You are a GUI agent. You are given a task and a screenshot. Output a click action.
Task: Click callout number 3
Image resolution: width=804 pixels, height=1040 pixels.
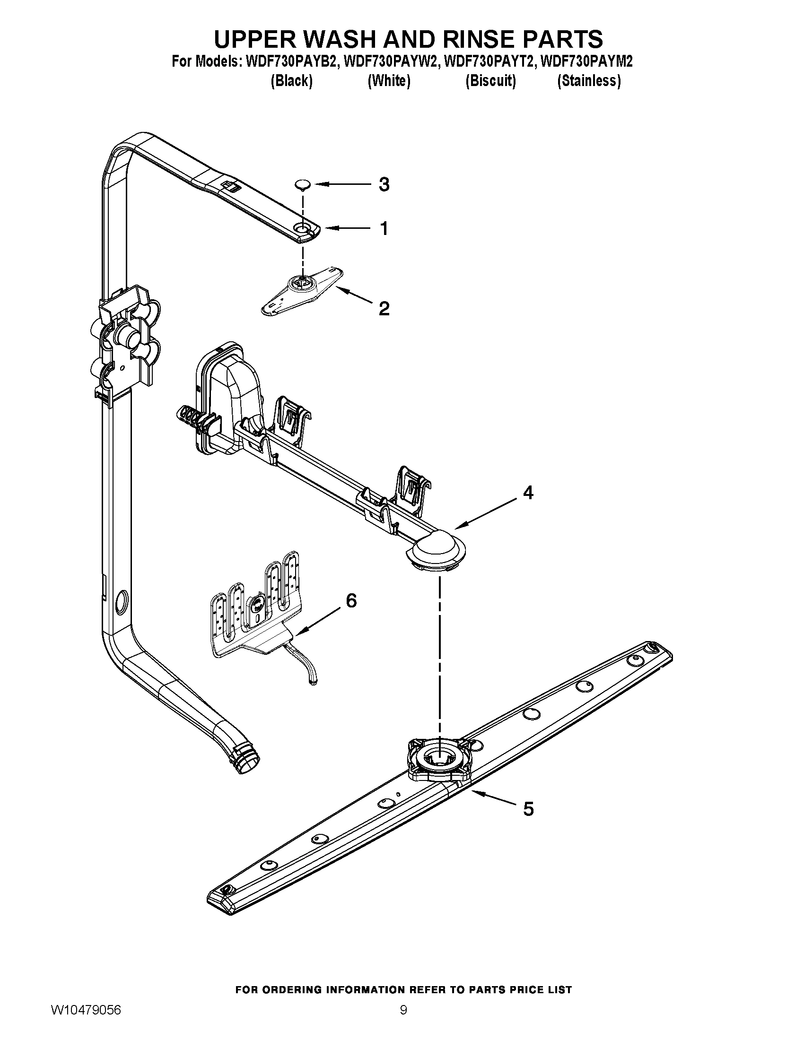[384, 184]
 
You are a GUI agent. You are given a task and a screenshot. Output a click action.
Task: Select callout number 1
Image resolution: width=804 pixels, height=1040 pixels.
[384, 229]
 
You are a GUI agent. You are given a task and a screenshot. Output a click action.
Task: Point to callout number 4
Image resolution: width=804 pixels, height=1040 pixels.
[528, 493]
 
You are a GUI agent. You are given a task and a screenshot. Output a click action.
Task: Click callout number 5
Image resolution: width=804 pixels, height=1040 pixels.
[528, 808]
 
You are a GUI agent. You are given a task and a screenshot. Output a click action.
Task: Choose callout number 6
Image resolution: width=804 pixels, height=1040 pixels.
[351, 601]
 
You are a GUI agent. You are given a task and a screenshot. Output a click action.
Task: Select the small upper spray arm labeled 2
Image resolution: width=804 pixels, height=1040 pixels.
[302, 290]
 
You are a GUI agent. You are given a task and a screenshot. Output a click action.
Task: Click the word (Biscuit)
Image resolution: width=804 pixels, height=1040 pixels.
[490, 81]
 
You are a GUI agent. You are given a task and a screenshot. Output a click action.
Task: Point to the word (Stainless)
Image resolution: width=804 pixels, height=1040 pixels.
[589, 81]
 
